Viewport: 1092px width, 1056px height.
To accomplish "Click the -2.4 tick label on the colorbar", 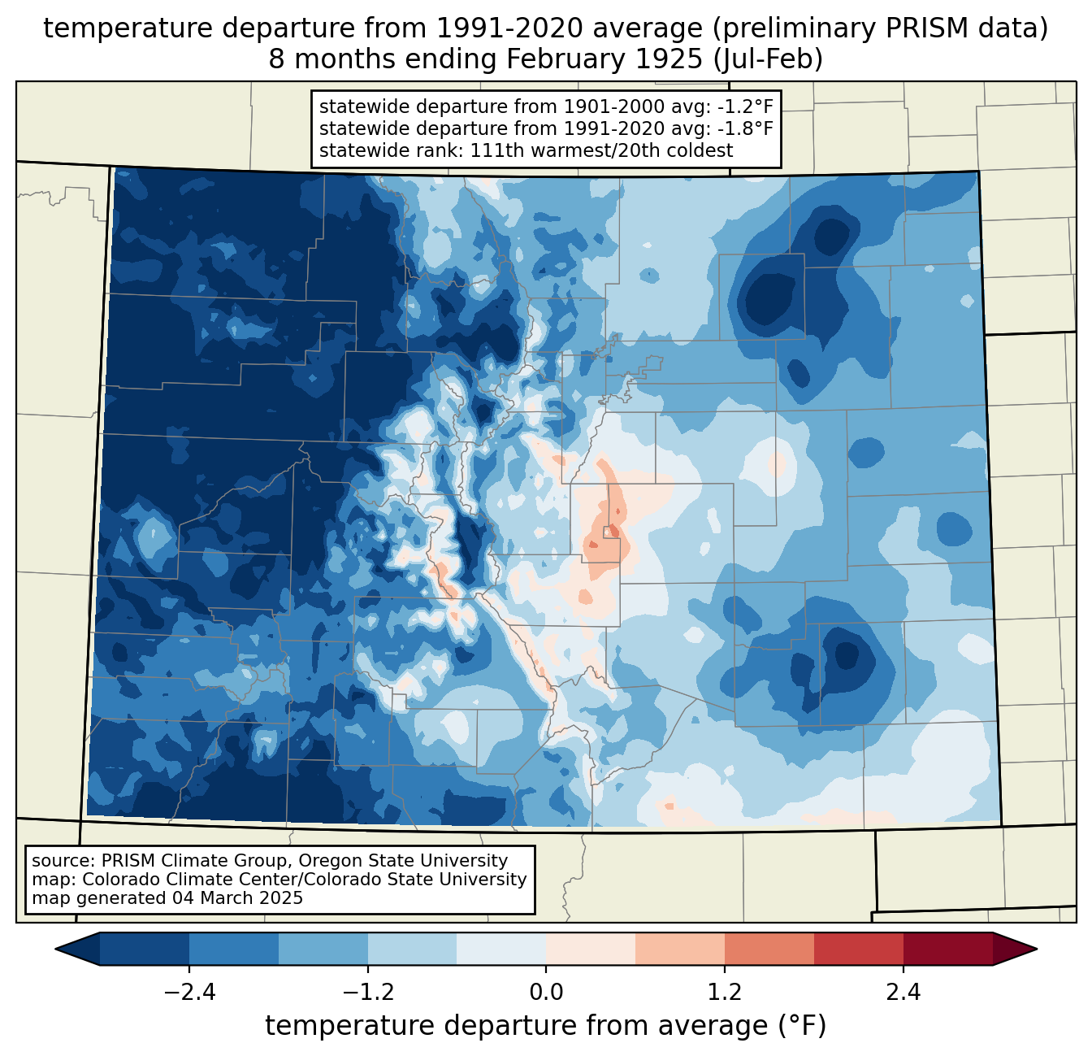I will click(189, 993).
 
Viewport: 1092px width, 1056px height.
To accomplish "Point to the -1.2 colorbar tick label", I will click(367, 993).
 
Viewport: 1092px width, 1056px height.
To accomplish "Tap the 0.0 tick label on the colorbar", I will click(546, 993).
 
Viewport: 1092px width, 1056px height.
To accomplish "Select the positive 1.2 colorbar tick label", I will click(725, 993).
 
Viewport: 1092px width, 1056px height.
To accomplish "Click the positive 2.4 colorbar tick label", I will click(903, 993).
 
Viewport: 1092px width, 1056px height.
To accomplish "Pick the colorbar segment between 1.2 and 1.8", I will click(769, 949).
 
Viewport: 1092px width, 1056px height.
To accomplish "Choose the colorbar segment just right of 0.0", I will click(591, 949).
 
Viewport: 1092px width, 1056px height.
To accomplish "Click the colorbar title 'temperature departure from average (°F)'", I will click(546, 1026).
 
